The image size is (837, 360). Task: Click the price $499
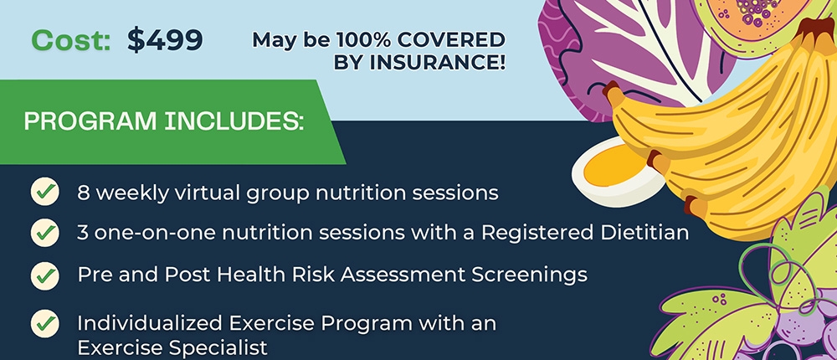pos(165,40)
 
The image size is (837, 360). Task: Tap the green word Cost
pos(70,40)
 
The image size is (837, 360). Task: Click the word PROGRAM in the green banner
pos(90,122)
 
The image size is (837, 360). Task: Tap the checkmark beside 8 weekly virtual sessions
pos(45,191)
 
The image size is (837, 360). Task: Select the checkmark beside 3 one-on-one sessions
pos(45,233)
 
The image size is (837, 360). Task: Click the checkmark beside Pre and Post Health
pos(45,275)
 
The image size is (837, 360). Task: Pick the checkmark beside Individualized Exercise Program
pos(45,323)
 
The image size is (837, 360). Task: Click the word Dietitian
pos(642,233)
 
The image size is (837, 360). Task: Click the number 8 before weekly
pos(83,193)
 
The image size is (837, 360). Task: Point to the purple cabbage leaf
pos(630,54)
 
